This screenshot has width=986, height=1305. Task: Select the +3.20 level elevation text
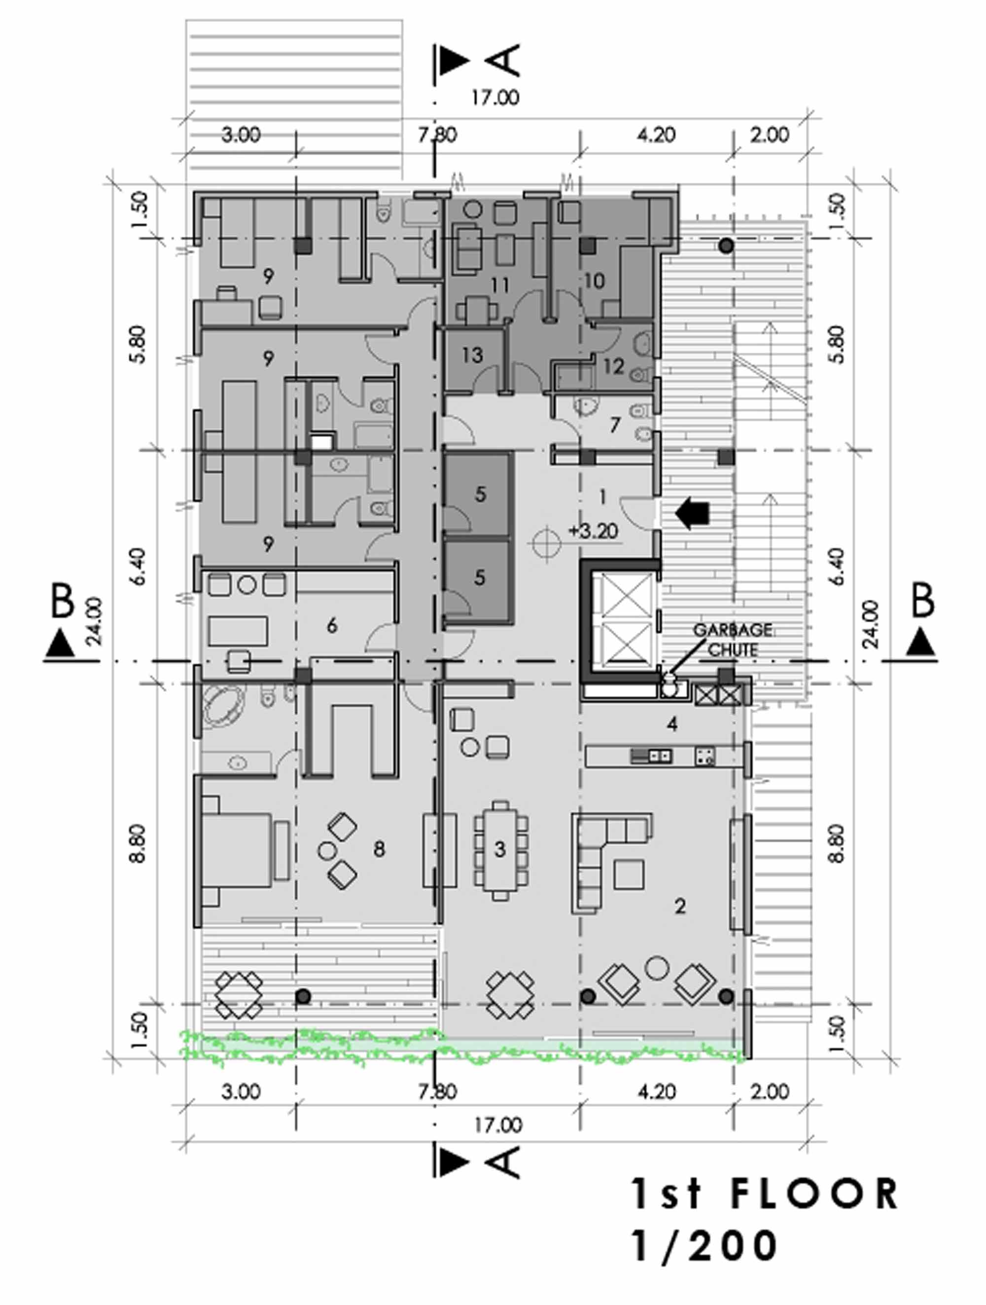click(593, 531)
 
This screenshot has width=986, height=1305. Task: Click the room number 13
click(472, 355)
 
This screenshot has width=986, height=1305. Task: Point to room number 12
click(613, 366)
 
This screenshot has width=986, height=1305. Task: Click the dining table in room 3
click(501, 850)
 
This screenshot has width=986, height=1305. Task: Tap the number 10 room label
click(594, 281)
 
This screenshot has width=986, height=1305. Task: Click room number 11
click(499, 286)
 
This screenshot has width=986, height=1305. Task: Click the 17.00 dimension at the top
click(495, 97)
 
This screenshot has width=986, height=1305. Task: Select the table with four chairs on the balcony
click(238, 995)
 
